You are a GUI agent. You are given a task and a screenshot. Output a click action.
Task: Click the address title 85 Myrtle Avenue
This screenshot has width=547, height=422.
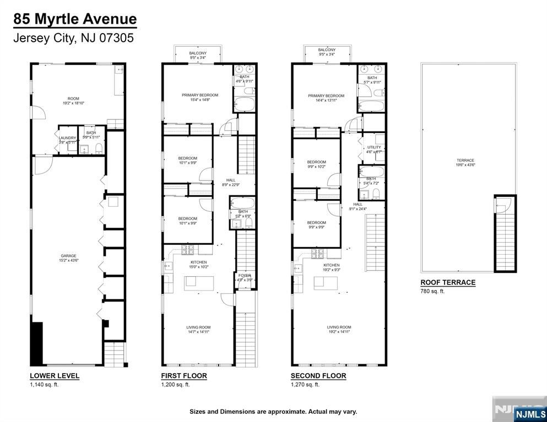click(75, 20)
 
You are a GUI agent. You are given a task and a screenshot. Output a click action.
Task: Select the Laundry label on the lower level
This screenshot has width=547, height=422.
click(67, 140)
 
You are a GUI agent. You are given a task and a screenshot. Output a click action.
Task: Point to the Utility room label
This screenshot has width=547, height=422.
click(374, 149)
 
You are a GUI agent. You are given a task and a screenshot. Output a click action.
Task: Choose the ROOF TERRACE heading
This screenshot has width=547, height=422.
click(448, 282)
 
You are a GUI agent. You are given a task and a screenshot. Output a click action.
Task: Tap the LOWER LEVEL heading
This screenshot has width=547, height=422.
click(55, 376)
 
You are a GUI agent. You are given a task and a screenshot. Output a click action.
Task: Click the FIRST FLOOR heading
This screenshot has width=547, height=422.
click(184, 376)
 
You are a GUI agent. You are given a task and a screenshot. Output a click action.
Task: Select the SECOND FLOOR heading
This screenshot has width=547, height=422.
click(318, 376)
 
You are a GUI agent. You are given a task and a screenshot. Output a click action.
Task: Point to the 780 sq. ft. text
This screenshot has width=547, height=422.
click(432, 291)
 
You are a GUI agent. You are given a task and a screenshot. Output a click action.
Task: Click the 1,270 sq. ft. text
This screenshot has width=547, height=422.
click(305, 385)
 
